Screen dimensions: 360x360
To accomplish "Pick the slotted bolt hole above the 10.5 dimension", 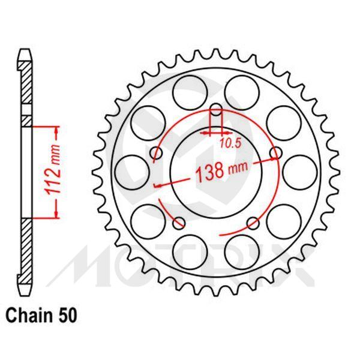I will click(217, 114).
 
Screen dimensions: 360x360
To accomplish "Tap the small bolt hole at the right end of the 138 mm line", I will click(276, 154).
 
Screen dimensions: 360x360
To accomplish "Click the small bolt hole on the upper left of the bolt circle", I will click(157, 154).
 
